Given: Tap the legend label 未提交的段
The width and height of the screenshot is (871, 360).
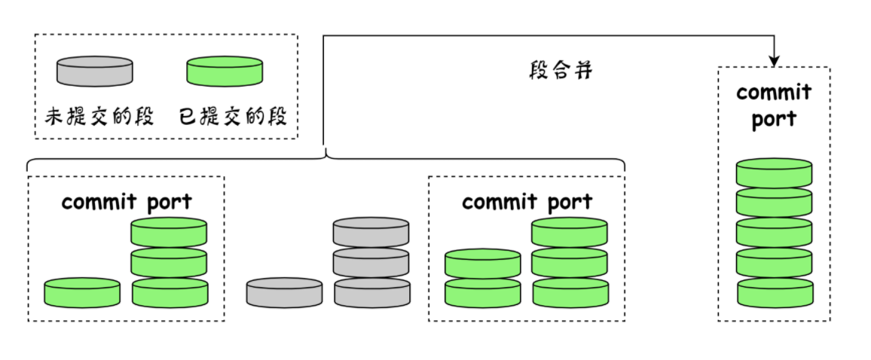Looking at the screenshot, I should click(x=99, y=117).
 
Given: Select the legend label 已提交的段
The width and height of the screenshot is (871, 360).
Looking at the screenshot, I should click(x=233, y=117).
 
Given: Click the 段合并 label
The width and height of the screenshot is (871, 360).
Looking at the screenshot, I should click(x=561, y=72).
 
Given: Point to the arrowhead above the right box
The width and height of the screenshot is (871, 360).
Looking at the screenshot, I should click(x=774, y=60).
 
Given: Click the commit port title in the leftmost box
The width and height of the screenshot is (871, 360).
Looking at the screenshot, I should click(x=127, y=202).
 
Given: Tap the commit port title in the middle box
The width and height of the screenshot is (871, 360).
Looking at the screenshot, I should click(x=527, y=202).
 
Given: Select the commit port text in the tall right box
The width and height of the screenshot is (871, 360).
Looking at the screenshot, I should click(x=774, y=105).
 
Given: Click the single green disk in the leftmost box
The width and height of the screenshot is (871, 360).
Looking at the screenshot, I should click(x=82, y=292).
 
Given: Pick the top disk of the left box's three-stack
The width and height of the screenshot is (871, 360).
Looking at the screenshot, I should click(x=170, y=231).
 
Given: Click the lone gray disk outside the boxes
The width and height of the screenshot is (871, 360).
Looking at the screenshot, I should click(x=284, y=292).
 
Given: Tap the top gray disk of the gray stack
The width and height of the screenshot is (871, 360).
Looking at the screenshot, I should click(x=371, y=231).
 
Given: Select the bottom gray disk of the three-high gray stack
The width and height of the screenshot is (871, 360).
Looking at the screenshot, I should click(x=372, y=292).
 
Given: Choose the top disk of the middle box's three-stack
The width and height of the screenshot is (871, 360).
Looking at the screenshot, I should click(x=569, y=231).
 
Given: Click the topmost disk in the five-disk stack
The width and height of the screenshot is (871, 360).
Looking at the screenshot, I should click(x=774, y=172).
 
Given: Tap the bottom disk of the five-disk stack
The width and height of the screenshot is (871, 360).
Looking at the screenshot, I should click(x=774, y=292).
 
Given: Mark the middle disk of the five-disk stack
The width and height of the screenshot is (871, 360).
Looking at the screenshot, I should click(x=774, y=232).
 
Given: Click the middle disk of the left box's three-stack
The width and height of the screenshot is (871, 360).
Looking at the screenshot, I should click(x=170, y=262).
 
